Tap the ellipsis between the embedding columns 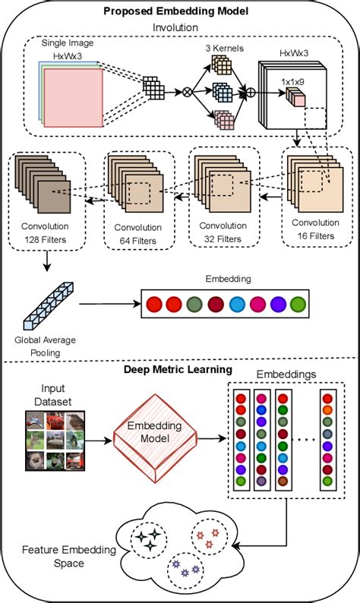pos(305,439)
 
